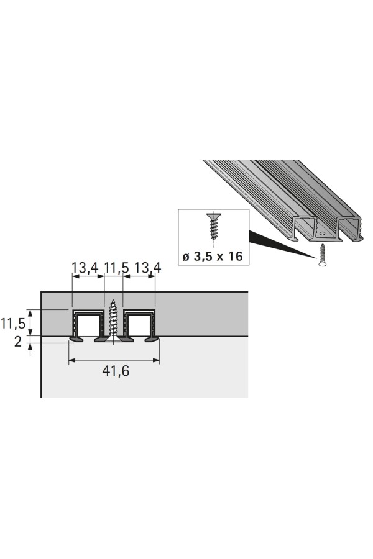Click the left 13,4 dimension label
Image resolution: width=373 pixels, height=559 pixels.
tap(85, 267)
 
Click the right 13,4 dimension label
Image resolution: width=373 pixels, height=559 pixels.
tap(147, 267)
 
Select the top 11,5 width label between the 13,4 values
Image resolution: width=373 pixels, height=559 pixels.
tap(116, 267)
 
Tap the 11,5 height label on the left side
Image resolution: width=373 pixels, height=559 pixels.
tap(13, 324)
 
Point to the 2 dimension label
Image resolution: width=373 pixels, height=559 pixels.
tap(18, 342)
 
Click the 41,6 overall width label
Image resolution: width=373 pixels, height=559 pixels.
tap(116, 371)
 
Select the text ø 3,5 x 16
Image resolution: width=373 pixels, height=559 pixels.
tap(213, 256)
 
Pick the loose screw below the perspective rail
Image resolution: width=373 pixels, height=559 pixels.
tap(321, 254)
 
